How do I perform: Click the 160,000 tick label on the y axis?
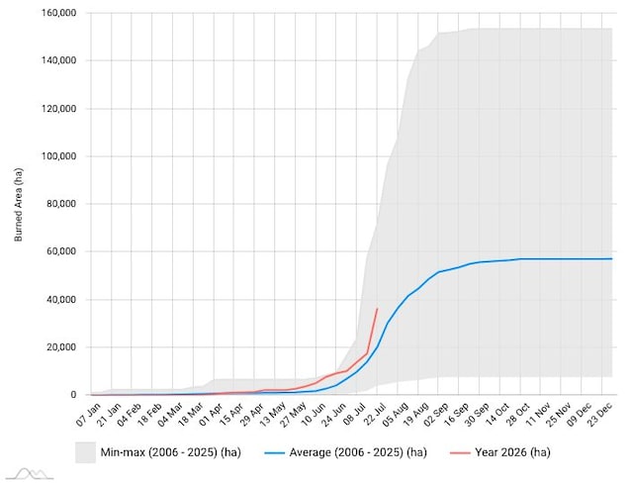(58, 13)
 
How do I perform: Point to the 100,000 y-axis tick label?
(58, 156)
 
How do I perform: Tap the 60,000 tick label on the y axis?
(61, 251)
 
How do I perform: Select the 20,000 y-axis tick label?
(61, 347)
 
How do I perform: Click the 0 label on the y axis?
(73, 395)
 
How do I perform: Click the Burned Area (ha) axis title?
(18, 204)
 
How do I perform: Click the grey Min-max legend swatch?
(85, 452)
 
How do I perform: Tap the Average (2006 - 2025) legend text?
(358, 452)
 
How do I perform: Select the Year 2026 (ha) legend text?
(512, 452)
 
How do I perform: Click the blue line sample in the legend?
(274, 453)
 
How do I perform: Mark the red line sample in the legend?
(460, 453)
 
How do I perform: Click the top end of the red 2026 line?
(377, 309)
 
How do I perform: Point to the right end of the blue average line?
(612, 259)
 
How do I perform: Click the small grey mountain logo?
(31, 474)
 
